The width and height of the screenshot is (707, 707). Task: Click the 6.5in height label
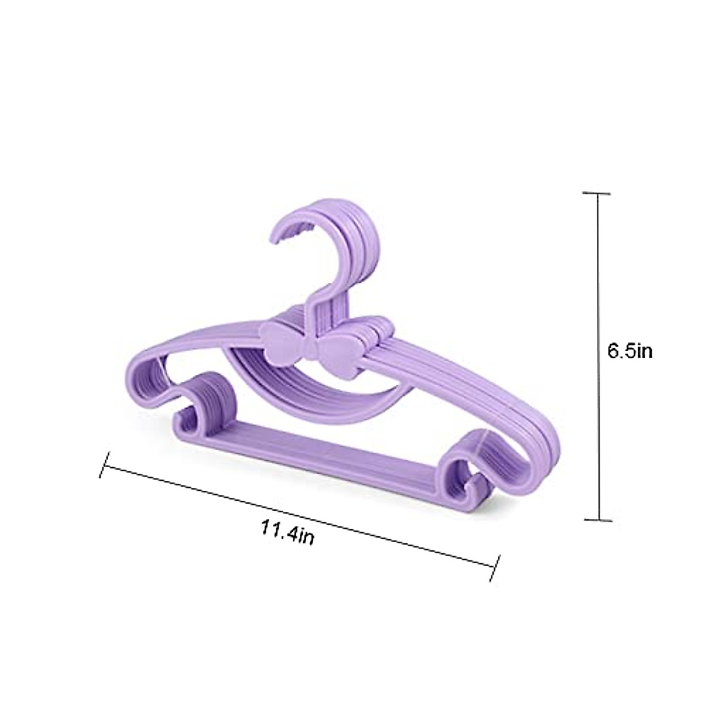click(x=630, y=352)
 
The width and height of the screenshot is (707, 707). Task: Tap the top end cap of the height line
click(x=600, y=193)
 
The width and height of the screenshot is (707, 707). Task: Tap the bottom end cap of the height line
click(x=600, y=520)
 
